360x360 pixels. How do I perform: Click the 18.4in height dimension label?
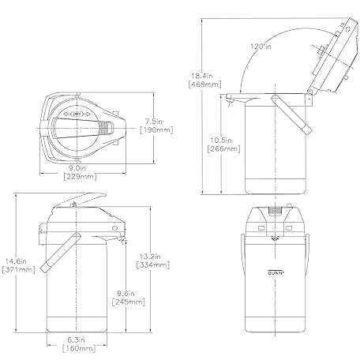[202, 76]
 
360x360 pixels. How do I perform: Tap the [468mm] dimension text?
[205, 84]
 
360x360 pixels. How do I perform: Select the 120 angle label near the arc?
[261, 47]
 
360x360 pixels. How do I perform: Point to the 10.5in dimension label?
[221, 141]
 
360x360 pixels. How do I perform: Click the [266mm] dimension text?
[224, 149]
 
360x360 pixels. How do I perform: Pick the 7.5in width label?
[154, 122]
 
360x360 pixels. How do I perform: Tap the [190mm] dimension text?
[156, 130]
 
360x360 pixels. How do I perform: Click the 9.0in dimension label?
[77, 168]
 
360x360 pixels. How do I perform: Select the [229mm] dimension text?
[81, 177]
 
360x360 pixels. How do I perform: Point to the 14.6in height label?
[16, 261]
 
